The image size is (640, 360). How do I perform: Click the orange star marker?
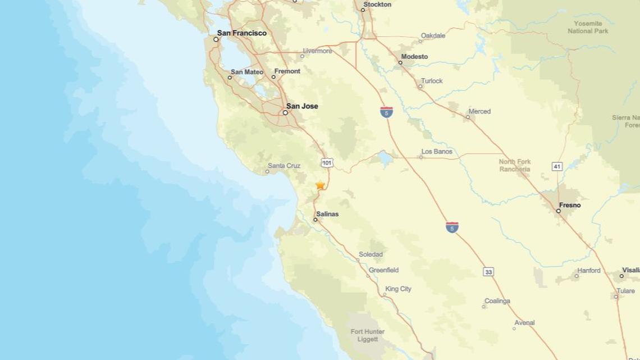(320, 185)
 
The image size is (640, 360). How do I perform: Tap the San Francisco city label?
(242, 33)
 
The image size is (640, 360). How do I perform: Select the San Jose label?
(302, 106)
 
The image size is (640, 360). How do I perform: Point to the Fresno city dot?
(558, 211)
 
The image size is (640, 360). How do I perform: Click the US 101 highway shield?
(327, 163)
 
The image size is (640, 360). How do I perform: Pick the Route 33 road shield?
(488, 272)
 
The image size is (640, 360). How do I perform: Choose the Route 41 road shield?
(557, 166)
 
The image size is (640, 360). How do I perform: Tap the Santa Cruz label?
(284, 166)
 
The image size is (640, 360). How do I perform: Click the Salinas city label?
(327, 214)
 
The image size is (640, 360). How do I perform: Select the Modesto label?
(414, 57)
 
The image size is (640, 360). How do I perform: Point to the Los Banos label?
(437, 152)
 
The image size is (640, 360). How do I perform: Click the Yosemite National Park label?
(588, 27)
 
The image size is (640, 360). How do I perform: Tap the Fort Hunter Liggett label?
(368, 335)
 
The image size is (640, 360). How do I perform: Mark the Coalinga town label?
(497, 301)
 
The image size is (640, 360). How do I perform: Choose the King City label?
(398, 289)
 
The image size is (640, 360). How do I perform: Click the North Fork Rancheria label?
(515, 165)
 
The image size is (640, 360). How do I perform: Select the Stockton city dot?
(363, 10)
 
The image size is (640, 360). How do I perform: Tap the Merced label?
(479, 111)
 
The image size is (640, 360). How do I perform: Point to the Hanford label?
(589, 271)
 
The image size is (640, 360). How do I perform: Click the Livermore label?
(317, 51)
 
